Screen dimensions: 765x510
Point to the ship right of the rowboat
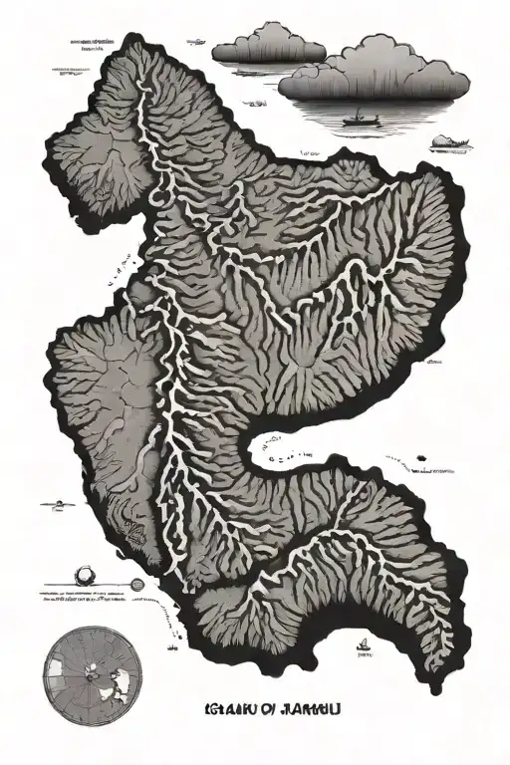click(451, 145)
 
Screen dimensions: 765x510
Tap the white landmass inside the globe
click(123, 681)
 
